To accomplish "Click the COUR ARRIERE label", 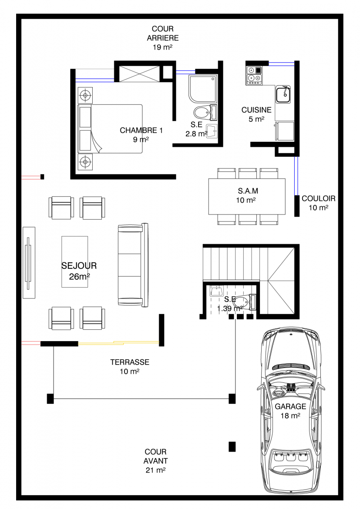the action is click(162, 38).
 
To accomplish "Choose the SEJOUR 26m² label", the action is click(79, 271).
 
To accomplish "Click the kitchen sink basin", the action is click(283, 95).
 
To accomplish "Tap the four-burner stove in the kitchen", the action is click(254, 76).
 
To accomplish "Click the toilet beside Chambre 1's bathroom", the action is click(205, 113).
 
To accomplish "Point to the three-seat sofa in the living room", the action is click(133, 265).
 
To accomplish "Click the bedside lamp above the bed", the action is click(85, 95).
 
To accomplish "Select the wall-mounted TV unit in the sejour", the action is click(29, 263).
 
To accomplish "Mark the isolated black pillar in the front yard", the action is click(232, 447).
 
